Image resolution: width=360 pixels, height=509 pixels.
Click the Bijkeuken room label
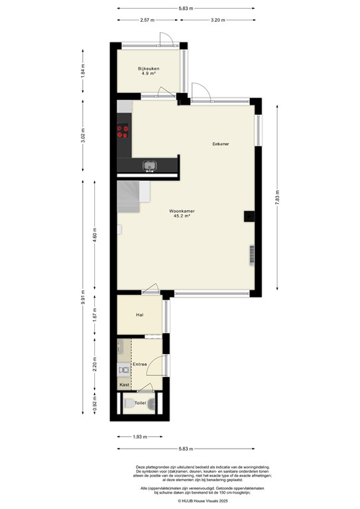pyautogui.click(x=149, y=68)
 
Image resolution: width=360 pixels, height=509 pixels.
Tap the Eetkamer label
pyautogui.click(x=221, y=144)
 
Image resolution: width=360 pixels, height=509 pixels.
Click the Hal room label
pyautogui.click(x=140, y=315)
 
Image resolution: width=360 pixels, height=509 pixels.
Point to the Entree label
pyautogui.click(x=140, y=364)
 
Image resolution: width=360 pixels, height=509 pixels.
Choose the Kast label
pyautogui.click(x=124, y=384)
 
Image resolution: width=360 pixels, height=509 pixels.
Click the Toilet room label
pyautogui.click(x=141, y=403)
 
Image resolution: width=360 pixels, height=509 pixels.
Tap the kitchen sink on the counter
pyautogui.click(x=150, y=164)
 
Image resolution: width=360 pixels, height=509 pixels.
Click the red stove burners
pyautogui.click(x=123, y=131)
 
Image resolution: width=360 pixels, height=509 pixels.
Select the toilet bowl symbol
pyautogui.click(x=152, y=404)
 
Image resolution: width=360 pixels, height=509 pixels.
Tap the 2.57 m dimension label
pyautogui.click(x=147, y=20)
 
